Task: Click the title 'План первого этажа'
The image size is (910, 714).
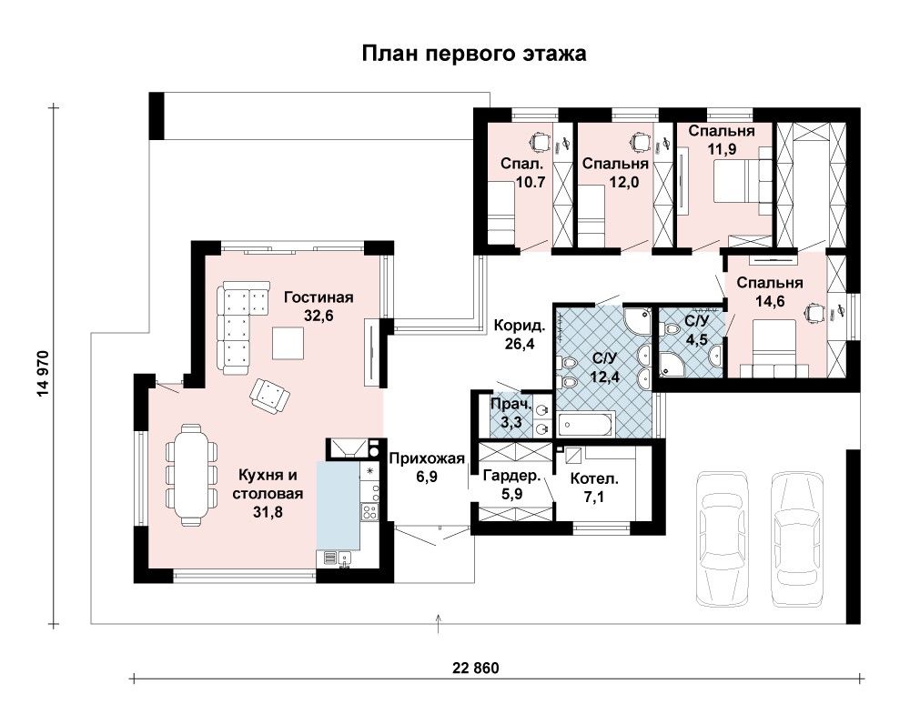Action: (x=474, y=54)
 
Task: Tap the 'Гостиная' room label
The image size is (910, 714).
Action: (x=318, y=297)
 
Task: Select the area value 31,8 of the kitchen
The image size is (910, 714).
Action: (x=268, y=512)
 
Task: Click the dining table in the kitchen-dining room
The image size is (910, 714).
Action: (x=191, y=475)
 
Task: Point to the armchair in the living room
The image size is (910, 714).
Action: (x=269, y=396)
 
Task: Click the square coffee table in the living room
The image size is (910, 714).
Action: (x=288, y=343)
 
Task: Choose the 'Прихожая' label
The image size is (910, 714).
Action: (x=427, y=458)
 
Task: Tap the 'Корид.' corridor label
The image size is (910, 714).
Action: (x=520, y=326)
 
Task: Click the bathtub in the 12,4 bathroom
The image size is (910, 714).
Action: (x=585, y=425)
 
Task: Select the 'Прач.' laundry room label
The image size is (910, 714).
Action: (x=511, y=404)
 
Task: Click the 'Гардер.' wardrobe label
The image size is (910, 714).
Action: (x=511, y=477)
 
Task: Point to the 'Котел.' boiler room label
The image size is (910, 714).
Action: (x=594, y=479)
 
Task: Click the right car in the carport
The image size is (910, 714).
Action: (x=797, y=538)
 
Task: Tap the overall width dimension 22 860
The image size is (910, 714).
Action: (x=475, y=669)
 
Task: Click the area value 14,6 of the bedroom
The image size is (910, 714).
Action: (x=770, y=301)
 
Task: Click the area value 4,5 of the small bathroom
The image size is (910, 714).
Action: (x=696, y=339)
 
